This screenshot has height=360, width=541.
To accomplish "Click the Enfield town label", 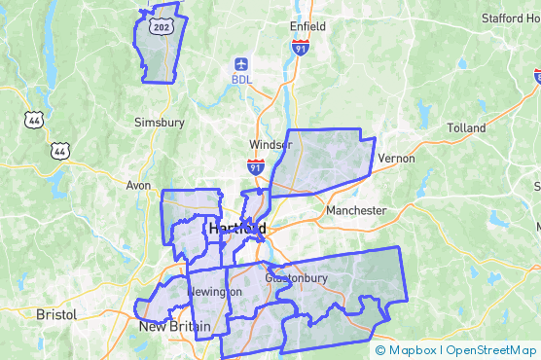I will click(307, 25).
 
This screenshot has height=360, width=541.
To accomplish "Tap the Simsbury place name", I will click(160, 123).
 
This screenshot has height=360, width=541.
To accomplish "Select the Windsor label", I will click(270, 145).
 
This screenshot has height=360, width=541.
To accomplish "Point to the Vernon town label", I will click(396, 158).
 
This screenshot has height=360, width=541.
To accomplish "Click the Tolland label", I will click(466, 128).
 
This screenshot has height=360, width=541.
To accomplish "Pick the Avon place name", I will click(139, 185).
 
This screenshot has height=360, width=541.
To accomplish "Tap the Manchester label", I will click(356, 210).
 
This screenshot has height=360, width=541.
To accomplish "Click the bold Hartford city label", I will click(237, 228).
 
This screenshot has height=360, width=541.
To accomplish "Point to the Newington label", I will click(214, 292).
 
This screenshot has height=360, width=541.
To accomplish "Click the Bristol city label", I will click(55, 314).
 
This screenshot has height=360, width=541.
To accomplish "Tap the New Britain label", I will click(173, 327).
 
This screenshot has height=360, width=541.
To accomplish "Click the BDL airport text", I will click(242, 80).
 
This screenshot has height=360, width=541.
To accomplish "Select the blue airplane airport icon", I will click(242, 63).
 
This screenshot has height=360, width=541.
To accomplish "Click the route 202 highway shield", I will click(162, 27).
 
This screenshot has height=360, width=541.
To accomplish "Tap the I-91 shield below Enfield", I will click(300, 46).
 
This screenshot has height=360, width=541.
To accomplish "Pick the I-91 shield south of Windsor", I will click(255, 166).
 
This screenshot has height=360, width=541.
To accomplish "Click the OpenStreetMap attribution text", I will click(491, 350).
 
